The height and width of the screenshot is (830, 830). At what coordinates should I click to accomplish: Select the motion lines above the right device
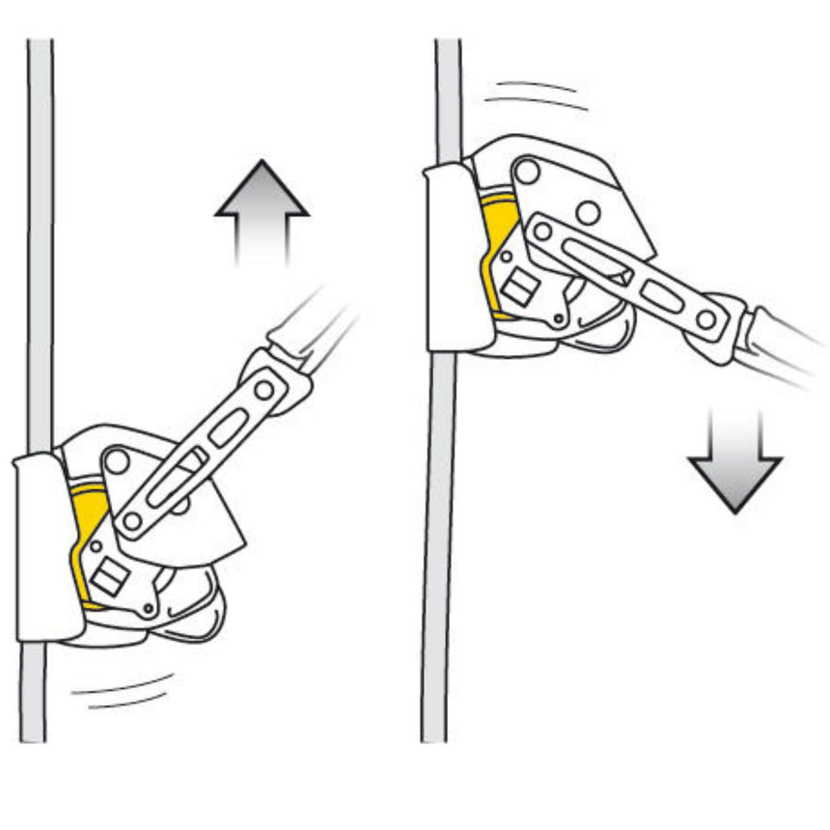(537, 95)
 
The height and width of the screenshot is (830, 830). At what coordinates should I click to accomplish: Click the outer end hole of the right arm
(706, 318)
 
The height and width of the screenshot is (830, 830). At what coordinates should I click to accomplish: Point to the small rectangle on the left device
(110, 576)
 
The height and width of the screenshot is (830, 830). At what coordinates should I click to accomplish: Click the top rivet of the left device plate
(117, 461)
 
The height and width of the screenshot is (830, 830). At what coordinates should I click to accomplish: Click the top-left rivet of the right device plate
(527, 172)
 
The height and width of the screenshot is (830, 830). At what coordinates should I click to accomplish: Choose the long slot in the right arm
(597, 261)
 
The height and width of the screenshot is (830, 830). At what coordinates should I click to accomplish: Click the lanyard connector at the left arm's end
(280, 372)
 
